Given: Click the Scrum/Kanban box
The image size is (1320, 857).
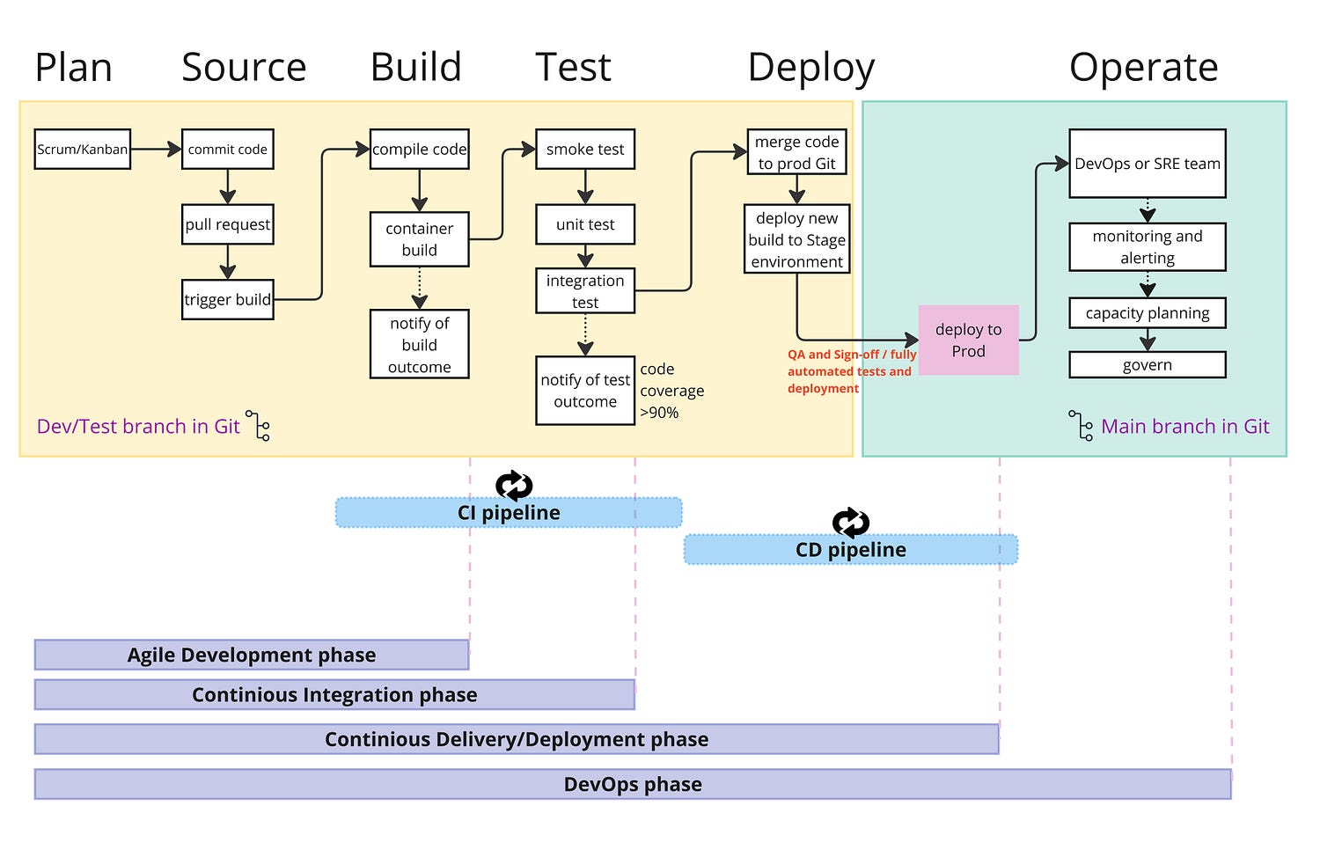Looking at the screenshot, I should (83, 150).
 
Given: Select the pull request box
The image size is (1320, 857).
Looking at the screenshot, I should (228, 224).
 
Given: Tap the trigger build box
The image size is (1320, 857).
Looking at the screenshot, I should (228, 300).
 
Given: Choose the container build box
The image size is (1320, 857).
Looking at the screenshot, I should (420, 239).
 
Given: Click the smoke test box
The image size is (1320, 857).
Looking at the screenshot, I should (585, 150).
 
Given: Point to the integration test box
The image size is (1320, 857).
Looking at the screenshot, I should (585, 291).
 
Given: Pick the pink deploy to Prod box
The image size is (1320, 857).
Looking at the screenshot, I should (968, 341).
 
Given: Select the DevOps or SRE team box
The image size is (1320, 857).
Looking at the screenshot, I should (1148, 164).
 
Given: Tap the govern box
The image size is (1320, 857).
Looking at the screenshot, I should (1148, 365).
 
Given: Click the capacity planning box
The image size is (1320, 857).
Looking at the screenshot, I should (1148, 313).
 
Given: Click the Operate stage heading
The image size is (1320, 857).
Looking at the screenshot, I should (1143, 68).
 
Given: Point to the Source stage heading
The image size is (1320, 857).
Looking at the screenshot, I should (244, 68).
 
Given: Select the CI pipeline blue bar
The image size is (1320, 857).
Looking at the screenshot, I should (509, 513).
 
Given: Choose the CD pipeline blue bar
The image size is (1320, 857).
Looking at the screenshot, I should (851, 550).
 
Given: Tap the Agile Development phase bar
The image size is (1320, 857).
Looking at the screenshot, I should (252, 656).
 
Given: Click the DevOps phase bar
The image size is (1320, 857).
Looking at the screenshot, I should (633, 785).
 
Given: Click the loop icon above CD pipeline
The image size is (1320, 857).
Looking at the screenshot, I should (851, 523).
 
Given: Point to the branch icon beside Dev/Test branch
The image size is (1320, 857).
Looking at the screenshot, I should (259, 425).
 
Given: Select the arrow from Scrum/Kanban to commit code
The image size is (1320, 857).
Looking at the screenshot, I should (156, 150).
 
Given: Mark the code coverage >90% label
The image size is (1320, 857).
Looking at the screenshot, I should (671, 391).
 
